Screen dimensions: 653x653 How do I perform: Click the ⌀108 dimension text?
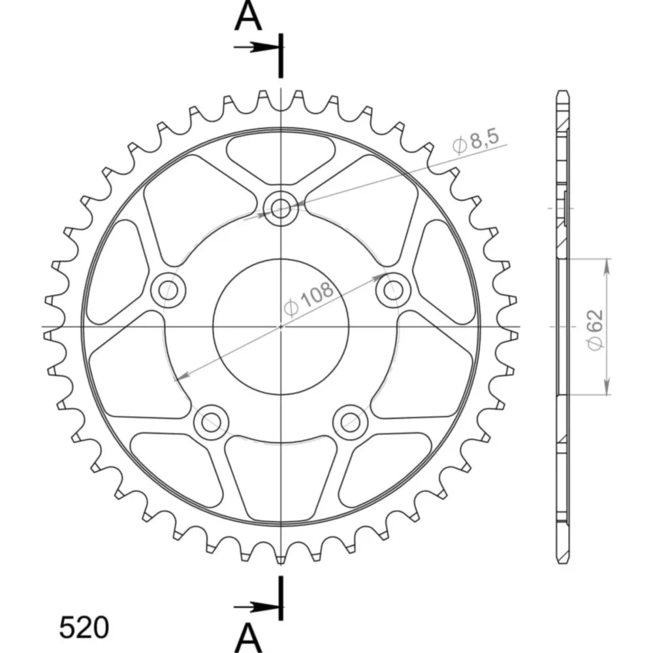click(309, 298)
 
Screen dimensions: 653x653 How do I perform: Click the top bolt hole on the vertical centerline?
click(281, 208)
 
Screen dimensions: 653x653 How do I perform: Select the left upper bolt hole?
click(168, 289)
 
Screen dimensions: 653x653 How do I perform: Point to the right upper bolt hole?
click(392, 289)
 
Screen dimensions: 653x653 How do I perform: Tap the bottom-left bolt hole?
click(211, 422)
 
